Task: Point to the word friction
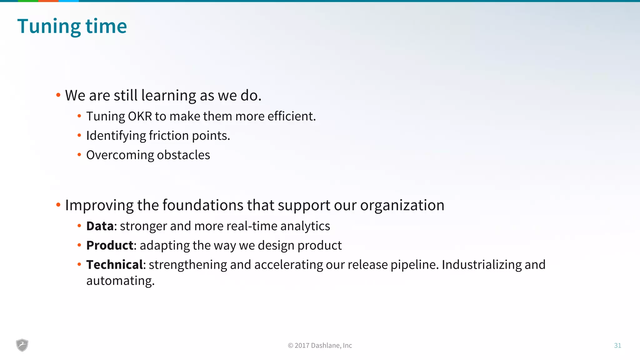pyautogui.click(x=169, y=136)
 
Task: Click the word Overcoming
pyautogui.click(x=120, y=155)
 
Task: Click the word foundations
pyautogui.click(x=203, y=205)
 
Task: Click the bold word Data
pyautogui.click(x=100, y=226)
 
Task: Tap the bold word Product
pyautogui.click(x=110, y=245)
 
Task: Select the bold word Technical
pyautogui.click(x=114, y=265)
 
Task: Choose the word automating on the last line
pyautogui.click(x=120, y=281)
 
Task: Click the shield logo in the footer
pyautogui.click(x=22, y=345)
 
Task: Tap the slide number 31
pyautogui.click(x=617, y=345)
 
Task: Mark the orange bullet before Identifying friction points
pyautogui.click(x=79, y=135)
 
